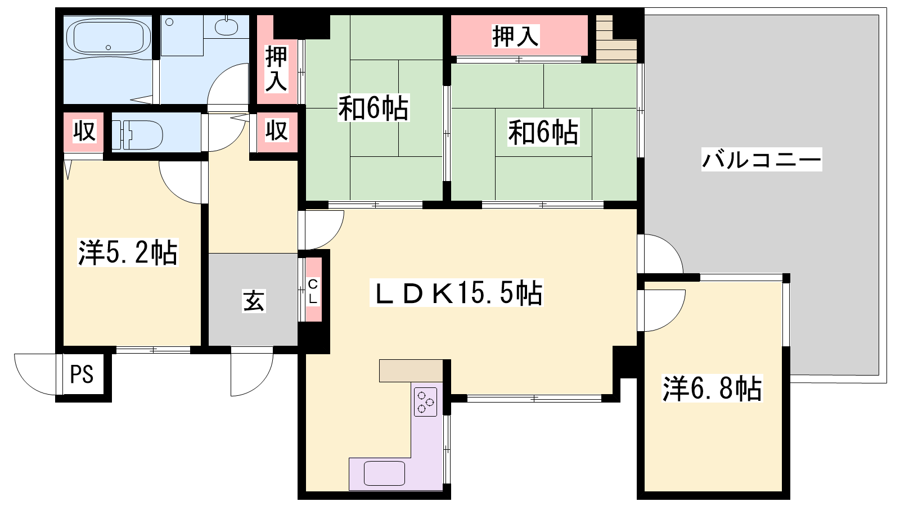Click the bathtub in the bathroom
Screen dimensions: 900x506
tap(109, 37)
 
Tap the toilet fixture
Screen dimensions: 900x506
tap(137, 134)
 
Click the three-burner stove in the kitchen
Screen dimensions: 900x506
tap(425, 401)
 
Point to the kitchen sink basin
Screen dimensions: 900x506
tap(384, 473)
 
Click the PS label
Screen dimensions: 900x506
tap(82, 374)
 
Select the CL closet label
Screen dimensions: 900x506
tap(313, 292)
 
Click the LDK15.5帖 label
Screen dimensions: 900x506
tap(456, 292)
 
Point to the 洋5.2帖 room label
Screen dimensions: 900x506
tap(127, 252)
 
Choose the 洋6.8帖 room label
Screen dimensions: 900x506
tap(712, 388)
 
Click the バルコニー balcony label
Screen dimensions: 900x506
tap(762, 160)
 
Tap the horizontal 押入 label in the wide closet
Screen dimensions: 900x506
tap(515, 36)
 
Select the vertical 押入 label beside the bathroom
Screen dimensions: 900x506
tap(276, 69)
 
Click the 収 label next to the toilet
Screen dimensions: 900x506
tap(84, 131)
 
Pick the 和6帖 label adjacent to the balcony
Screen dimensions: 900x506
tap(543, 132)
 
